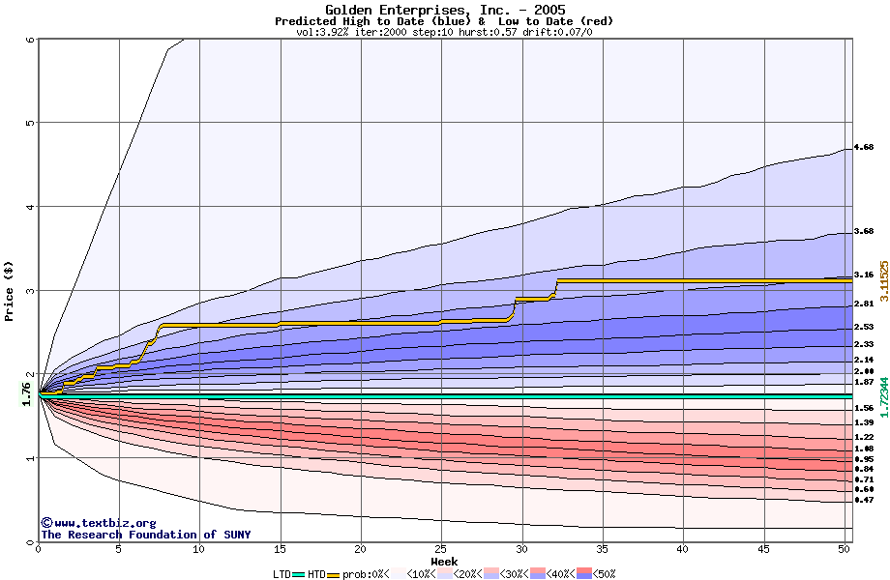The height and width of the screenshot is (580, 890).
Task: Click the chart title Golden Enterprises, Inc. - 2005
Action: [445, 10]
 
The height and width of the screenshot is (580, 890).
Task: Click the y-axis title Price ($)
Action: [9, 291]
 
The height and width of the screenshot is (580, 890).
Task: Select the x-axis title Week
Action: [444, 562]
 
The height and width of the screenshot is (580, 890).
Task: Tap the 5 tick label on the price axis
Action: [30, 123]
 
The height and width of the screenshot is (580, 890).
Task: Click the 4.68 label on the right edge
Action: [863, 148]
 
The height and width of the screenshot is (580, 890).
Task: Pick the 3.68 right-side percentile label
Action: [863, 232]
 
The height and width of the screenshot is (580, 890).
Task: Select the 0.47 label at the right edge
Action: [863, 500]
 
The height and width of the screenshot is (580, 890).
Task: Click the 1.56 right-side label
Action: [863, 408]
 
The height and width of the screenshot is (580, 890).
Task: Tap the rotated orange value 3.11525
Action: [883, 285]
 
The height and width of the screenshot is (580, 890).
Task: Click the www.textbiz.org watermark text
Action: [99, 523]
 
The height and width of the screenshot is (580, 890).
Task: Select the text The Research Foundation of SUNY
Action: [145, 535]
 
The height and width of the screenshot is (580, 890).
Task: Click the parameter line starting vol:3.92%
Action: [444, 32]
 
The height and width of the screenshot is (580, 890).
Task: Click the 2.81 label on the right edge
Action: [863, 304]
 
